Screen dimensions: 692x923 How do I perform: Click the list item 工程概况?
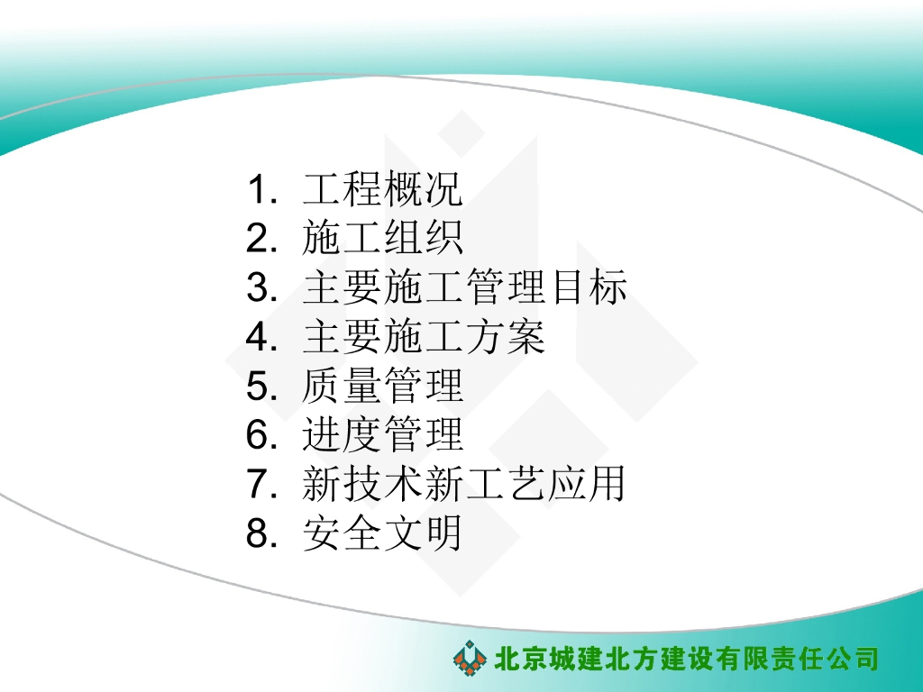(382, 190)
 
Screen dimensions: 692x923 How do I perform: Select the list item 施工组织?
(382, 240)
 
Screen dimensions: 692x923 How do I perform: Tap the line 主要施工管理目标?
(464, 289)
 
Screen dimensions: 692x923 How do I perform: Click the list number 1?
(260, 191)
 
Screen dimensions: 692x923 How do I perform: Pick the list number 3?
(260, 289)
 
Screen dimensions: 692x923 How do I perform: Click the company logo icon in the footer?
(470, 658)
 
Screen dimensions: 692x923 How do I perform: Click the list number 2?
(260, 240)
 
